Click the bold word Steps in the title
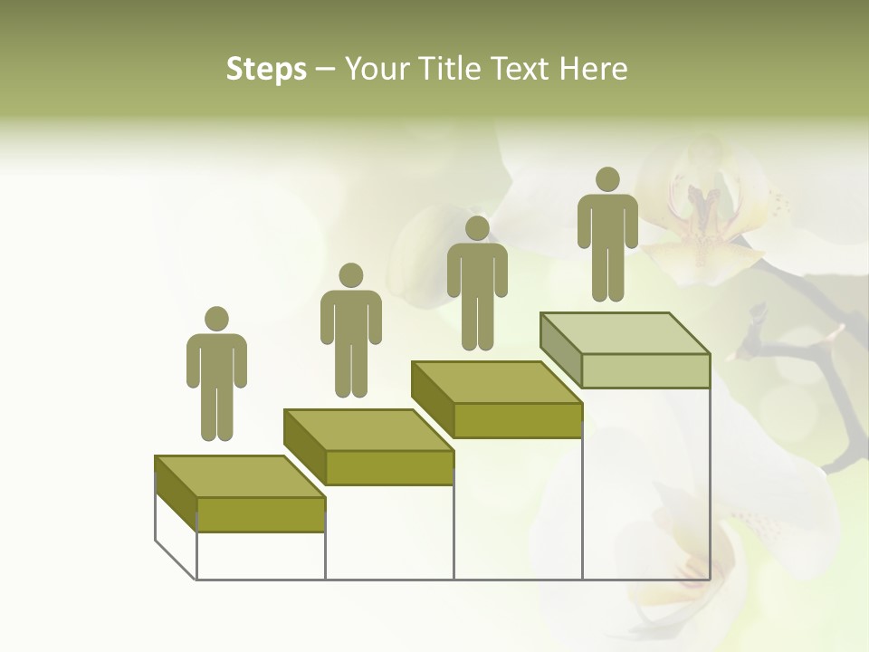[266, 70]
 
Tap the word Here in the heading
[593, 69]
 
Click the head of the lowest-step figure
[216, 319]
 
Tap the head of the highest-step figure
[607, 179]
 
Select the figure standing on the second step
[351, 331]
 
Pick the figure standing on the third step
[477, 283]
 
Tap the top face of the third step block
[497, 382]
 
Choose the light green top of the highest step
[625, 332]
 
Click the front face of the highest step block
[645, 370]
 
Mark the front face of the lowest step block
[261, 514]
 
